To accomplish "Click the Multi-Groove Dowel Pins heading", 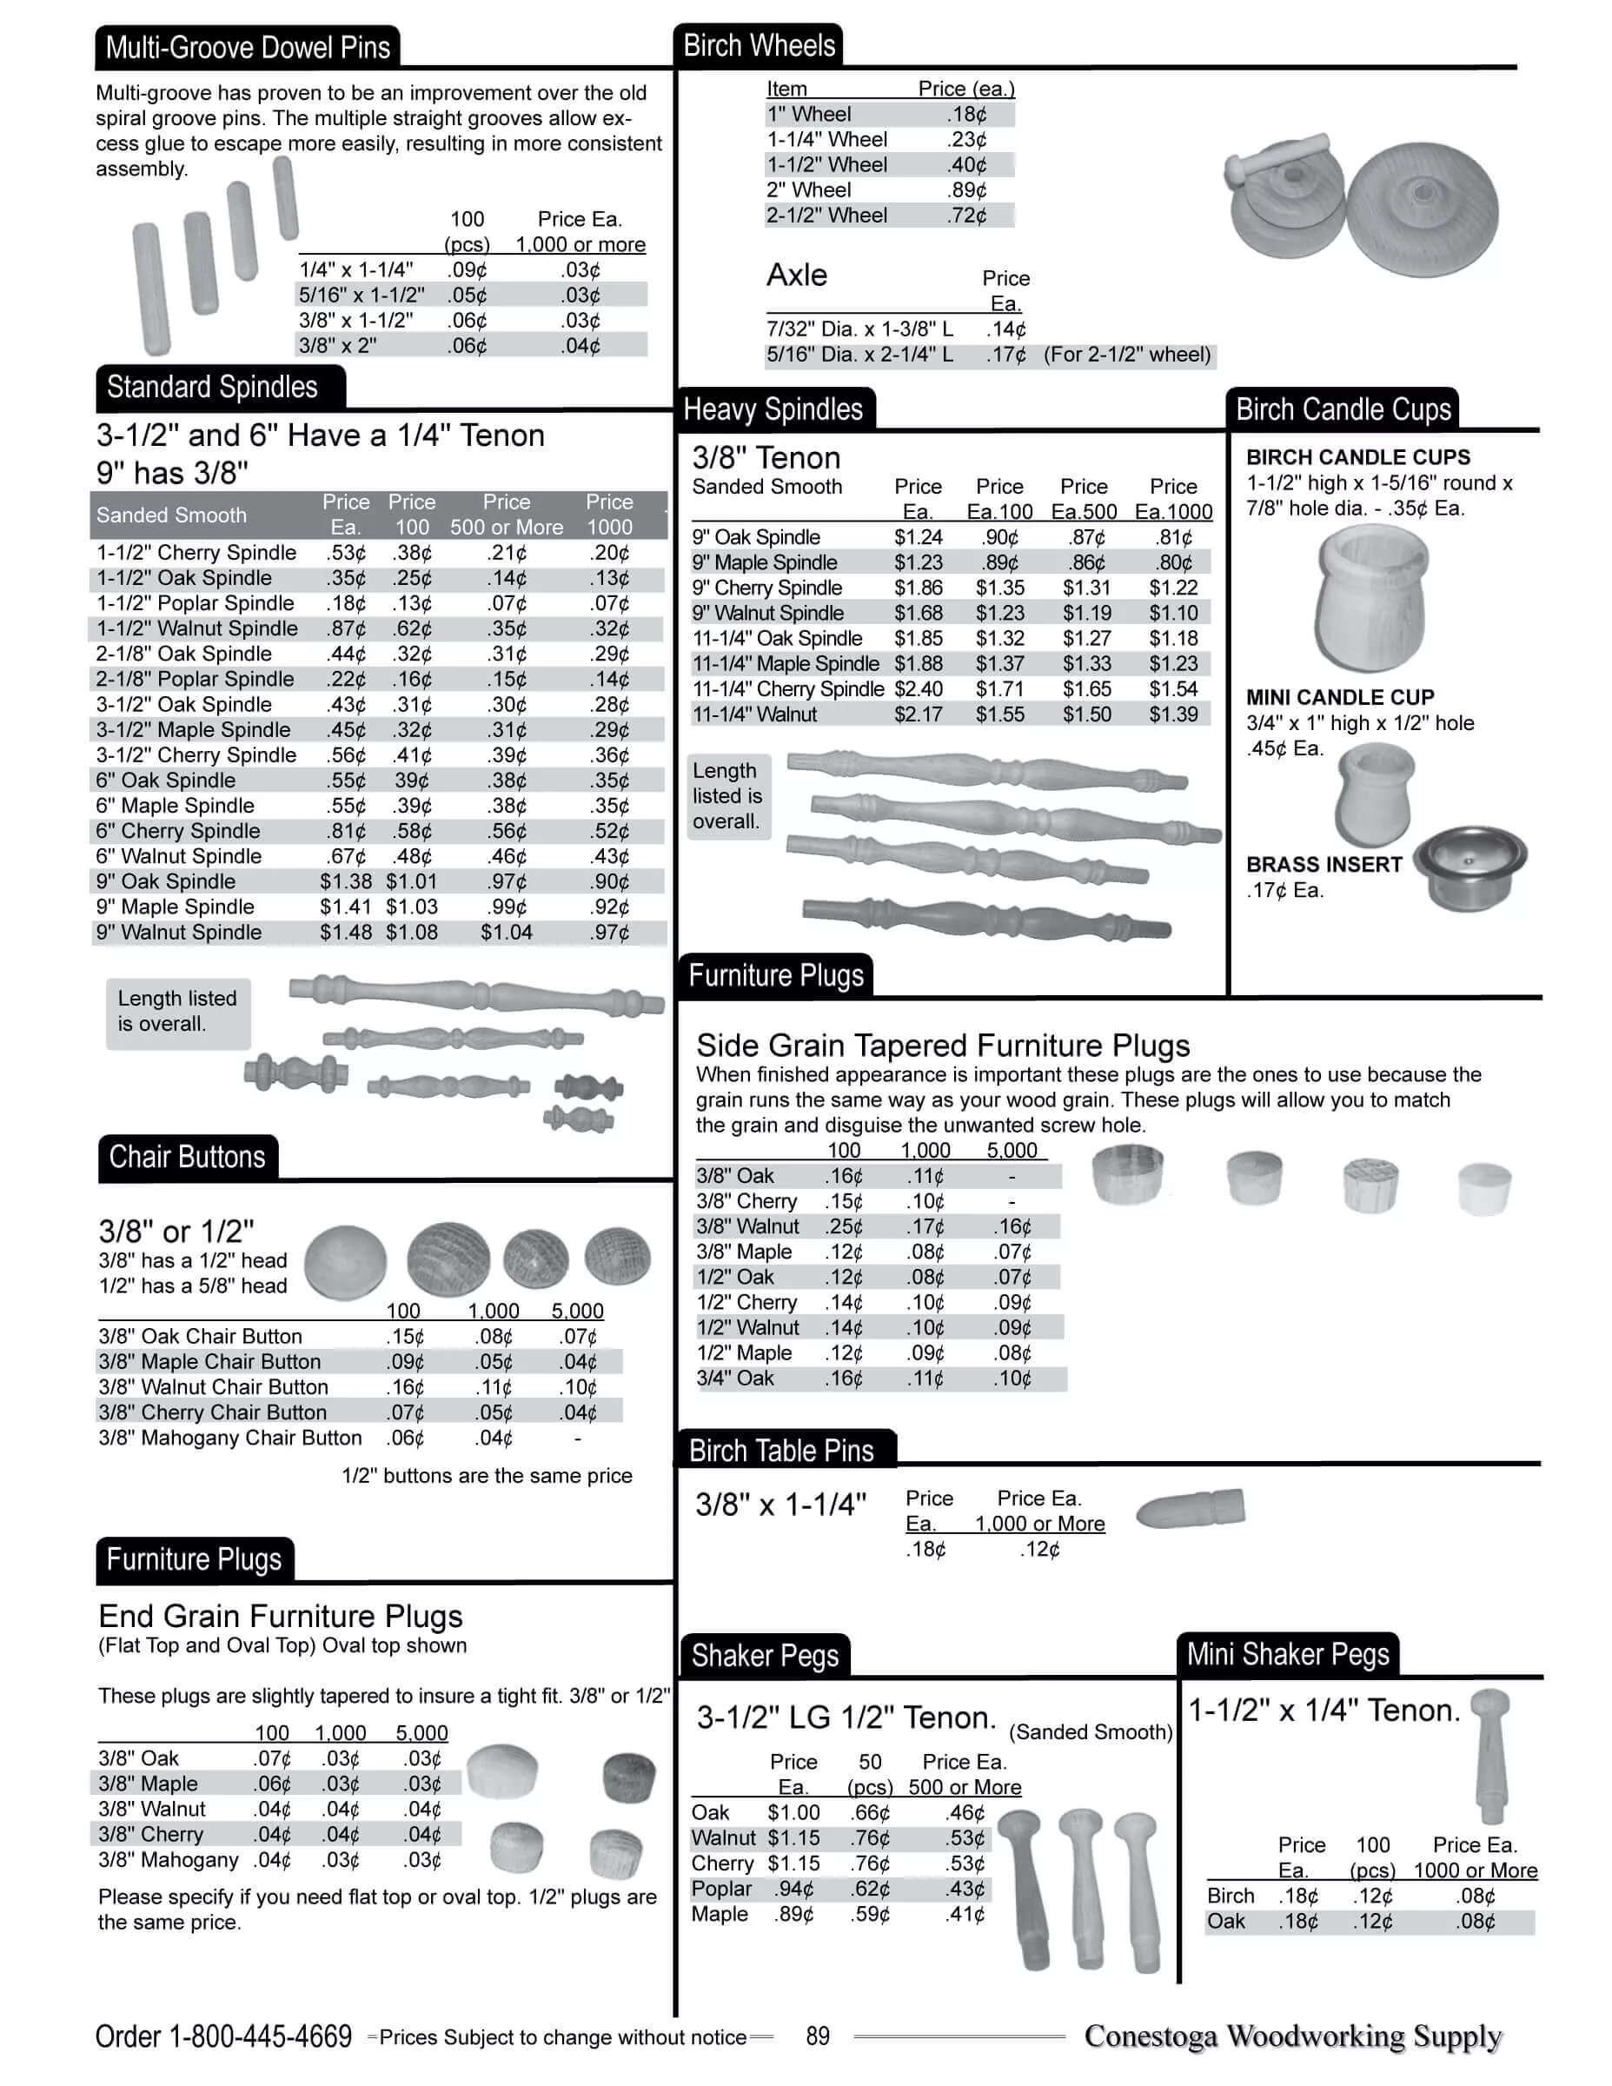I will [248, 48].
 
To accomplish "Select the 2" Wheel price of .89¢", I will [966, 190].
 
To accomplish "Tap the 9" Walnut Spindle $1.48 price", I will [346, 933].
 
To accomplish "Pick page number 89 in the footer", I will [818, 2036].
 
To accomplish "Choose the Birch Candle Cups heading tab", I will [1343, 409].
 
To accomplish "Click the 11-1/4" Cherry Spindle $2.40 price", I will [919, 688].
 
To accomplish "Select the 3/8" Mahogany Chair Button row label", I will [230, 1438].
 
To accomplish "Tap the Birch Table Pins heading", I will [781, 1451].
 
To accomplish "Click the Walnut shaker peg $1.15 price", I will [793, 1837].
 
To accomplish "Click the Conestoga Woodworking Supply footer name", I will [1293, 2036].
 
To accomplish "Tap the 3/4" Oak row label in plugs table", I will [735, 1378].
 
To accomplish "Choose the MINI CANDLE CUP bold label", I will [1340, 697].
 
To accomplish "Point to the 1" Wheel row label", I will [809, 115].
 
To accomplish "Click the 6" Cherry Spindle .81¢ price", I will [346, 831].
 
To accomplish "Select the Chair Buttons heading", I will [187, 1157].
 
